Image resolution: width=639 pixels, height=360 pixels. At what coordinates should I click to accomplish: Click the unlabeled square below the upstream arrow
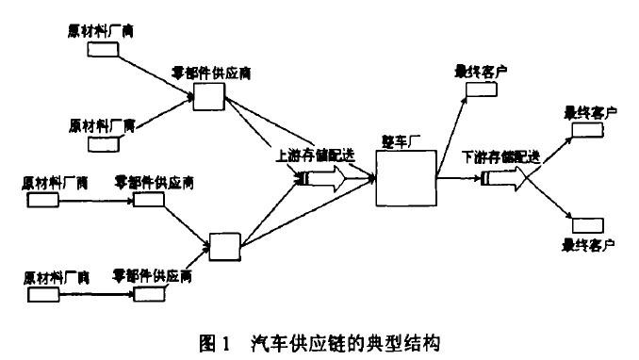click(x=226, y=246)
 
